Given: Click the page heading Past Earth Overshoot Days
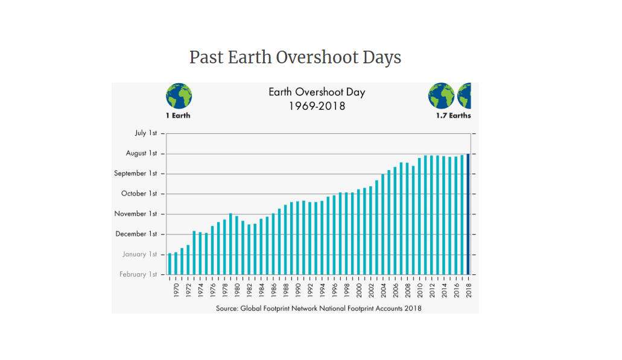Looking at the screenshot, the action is [295, 57].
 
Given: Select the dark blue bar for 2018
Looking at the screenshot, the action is [468, 214].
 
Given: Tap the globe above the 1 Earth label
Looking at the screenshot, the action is [179, 96].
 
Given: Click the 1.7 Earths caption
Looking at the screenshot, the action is [454, 116].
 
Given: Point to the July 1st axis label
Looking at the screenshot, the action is [146, 133].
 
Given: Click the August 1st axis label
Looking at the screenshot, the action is [142, 153].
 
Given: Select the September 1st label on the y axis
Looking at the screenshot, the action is [136, 173].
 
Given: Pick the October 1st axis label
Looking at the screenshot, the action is [139, 194].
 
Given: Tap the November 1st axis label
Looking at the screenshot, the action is [136, 213].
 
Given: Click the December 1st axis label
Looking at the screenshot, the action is [136, 234].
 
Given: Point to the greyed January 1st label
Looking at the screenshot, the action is [139, 254].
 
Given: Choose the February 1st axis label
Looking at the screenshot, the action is [138, 274].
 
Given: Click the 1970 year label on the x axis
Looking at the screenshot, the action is [176, 290].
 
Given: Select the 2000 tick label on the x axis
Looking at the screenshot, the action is [358, 290].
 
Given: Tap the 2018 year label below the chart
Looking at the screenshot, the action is [469, 290].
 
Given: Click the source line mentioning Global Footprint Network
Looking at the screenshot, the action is [319, 309].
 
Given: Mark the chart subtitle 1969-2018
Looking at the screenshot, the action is [317, 106].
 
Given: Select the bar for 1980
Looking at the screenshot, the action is [237, 245].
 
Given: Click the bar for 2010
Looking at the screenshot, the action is [419, 216].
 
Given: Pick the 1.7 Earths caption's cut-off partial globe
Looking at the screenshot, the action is [464, 96].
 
